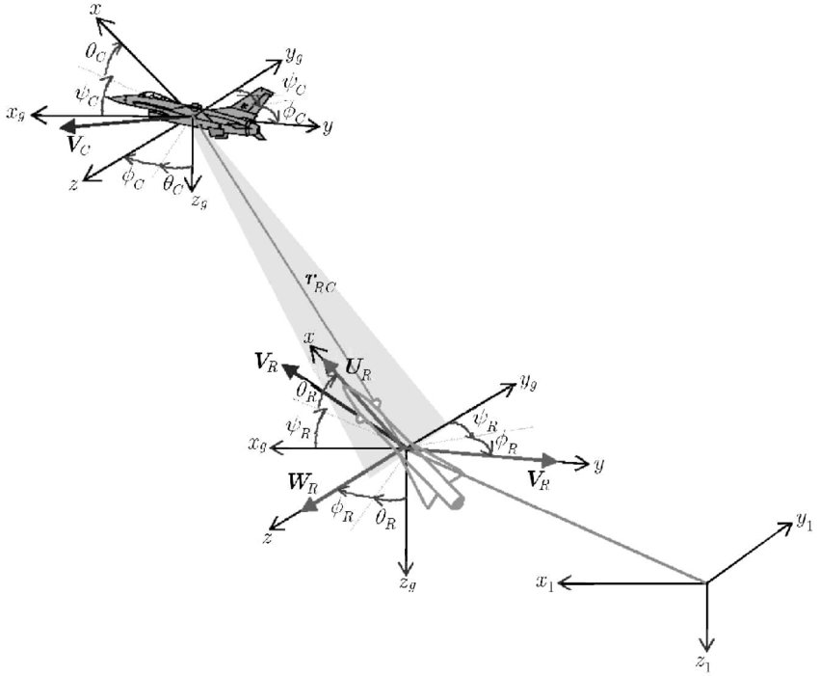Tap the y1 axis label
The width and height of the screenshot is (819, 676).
(x=805, y=522)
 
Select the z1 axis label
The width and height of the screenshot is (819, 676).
(x=708, y=662)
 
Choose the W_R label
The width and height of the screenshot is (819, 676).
(x=301, y=484)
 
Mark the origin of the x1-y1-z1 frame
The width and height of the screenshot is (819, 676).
(x=707, y=582)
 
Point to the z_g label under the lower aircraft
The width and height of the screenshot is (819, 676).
(x=407, y=583)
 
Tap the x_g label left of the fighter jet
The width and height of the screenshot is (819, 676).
(x=15, y=114)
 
